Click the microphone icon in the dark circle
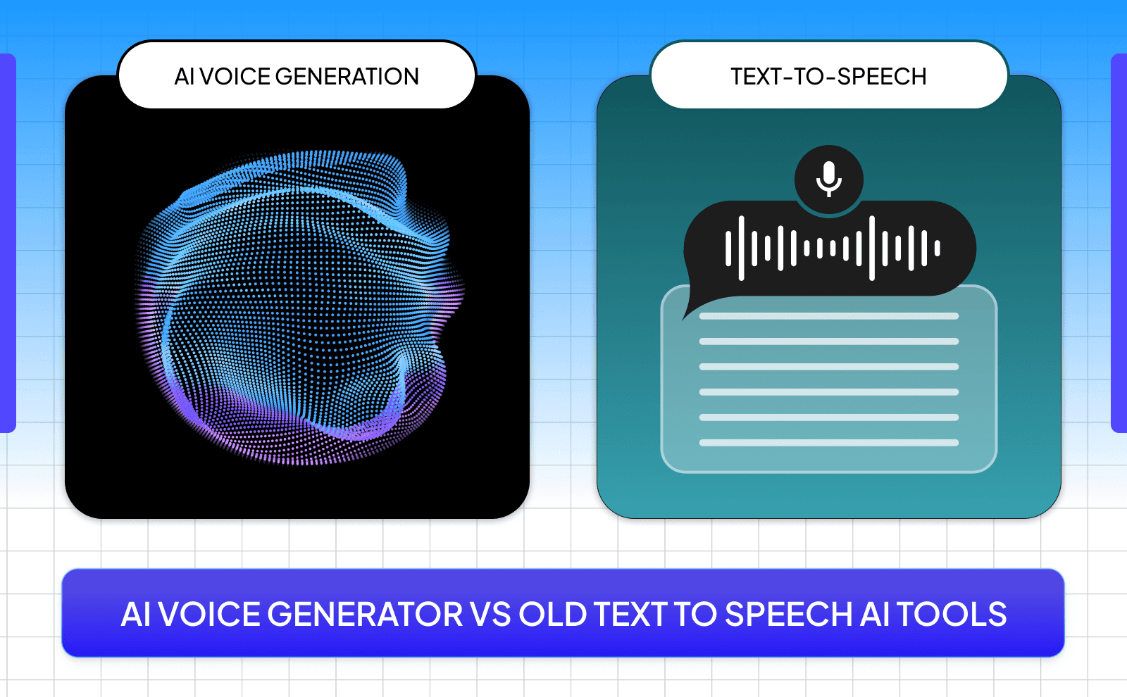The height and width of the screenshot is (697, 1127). (x=829, y=179)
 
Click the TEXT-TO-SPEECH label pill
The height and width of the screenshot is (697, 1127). (x=828, y=76)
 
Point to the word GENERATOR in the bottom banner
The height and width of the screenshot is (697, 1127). (x=365, y=614)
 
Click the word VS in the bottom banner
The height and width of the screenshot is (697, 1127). (x=490, y=614)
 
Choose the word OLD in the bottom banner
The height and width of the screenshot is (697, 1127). (x=553, y=614)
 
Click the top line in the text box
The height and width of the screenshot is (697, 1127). (x=828, y=316)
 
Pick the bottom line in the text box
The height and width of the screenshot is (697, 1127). (x=828, y=443)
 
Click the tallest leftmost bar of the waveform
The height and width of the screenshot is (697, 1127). (x=741, y=248)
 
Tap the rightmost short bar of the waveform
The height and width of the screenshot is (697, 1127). (x=937, y=248)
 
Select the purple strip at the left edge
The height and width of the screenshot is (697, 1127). (x=7, y=243)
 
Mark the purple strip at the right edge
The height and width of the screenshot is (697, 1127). (x=1119, y=243)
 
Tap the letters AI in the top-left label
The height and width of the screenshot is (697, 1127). (x=184, y=76)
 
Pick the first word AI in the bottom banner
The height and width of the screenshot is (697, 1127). (x=136, y=614)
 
